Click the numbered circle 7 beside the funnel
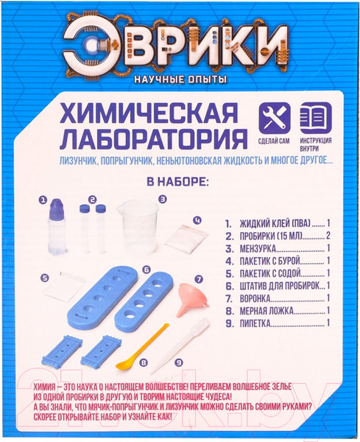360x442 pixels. (197, 279)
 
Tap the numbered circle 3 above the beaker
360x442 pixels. (162, 198)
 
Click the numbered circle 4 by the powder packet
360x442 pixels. (197, 220)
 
